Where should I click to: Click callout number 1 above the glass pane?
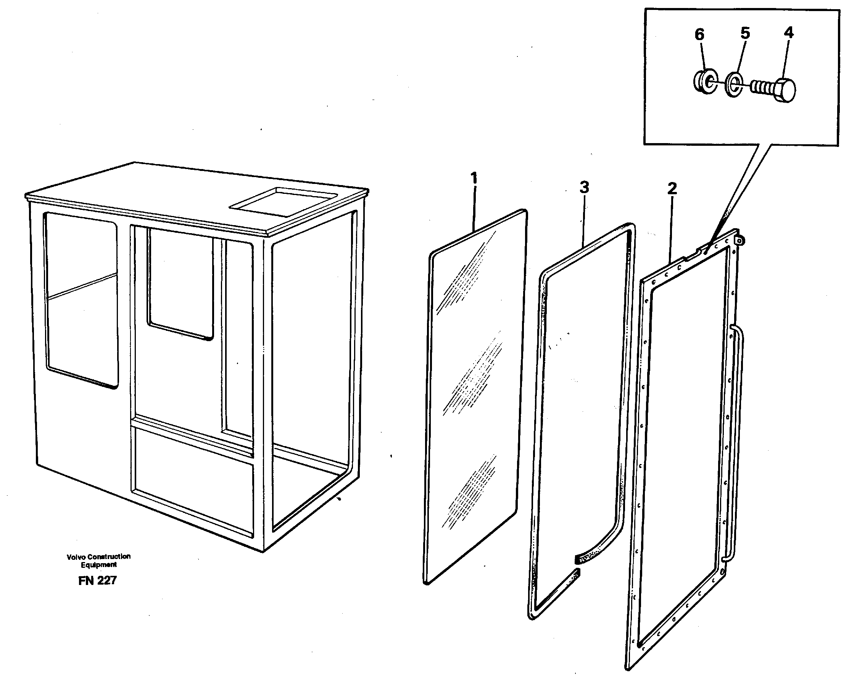pos(474,178)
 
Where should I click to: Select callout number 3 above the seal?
pos(584,187)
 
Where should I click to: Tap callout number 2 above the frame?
pos(672,189)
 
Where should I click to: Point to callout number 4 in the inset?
pos(788,33)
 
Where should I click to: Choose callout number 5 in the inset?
pos(745,33)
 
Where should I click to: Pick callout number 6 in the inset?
pos(699,35)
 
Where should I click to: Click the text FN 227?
pos(97,580)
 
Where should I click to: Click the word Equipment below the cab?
pos(98,565)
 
